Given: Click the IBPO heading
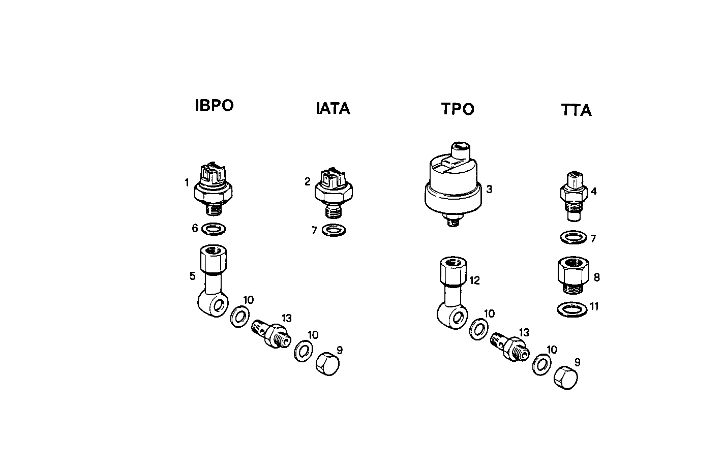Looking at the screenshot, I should tap(214, 106).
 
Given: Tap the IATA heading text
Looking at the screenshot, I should tap(333, 109).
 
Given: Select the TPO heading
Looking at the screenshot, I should tap(458, 109).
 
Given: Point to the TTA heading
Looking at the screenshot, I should tap(577, 110).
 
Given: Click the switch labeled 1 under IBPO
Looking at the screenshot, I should tap(214, 188).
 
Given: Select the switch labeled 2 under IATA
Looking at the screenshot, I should tap(332, 191).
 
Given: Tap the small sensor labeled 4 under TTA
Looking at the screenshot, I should tap(573, 196).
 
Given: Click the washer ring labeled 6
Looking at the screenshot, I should tap(214, 229).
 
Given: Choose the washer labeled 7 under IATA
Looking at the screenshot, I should tap(333, 230).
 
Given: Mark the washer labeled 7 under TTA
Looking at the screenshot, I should tap(572, 238).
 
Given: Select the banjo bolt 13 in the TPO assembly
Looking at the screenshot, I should tap(509, 347).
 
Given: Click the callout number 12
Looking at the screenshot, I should tap(475, 280).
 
